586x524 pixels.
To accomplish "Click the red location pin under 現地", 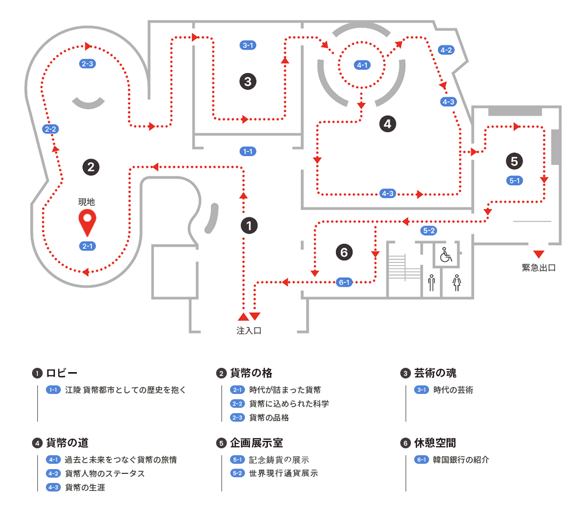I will click(87, 222).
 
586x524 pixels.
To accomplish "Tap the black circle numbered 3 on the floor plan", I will click(248, 82).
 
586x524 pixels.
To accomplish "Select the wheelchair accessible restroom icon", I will click(446, 256).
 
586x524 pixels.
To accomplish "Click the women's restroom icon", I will click(457, 283).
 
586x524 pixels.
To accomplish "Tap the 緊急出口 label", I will click(539, 268).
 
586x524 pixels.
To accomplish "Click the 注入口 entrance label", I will click(249, 330).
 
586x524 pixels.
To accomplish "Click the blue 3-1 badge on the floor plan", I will click(248, 45).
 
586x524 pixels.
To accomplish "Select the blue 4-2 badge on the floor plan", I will click(446, 50).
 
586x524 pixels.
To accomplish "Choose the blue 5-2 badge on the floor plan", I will click(429, 231).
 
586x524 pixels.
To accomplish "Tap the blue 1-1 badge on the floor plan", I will click(248, 151).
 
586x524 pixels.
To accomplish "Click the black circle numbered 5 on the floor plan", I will click(514, 160).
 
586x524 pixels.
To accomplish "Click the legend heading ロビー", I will click(62, 373).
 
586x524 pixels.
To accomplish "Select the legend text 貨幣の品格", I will click(269, 417).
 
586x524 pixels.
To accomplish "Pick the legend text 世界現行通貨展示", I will click(283, 473).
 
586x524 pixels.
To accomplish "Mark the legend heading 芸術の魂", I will click(435, 373).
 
